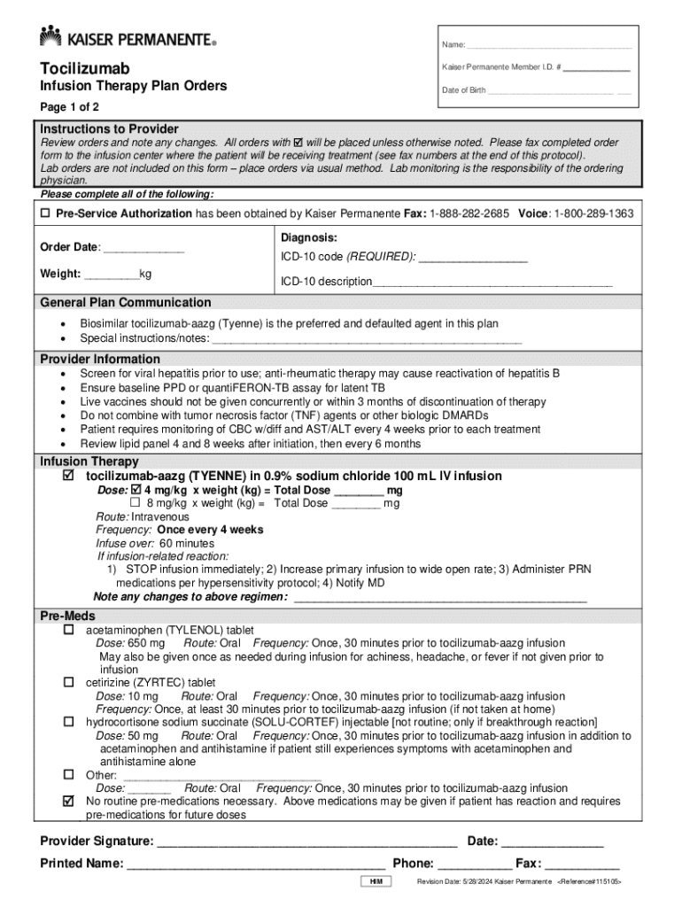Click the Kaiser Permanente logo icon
click(x=50, y=36)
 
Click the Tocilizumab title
click(x=84, y=68)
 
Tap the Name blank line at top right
click(x=548, y=45)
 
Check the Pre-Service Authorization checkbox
click(x=44, y=213)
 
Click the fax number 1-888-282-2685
click(x=470, y=213)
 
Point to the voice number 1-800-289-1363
click(x=593, y=213)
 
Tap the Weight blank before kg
click(x=112, y=274)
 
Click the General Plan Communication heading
click(x=126, y=303)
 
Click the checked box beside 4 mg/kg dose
click(x=136, y=490)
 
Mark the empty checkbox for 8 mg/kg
click(x=136, y=503)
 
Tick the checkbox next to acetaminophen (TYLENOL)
click(x=68, y=630)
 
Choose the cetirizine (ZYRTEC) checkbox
click(x=68, y=683)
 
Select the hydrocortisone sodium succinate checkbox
click(x=68, y=722)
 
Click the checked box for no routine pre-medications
click(x=68, y=801)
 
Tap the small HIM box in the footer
click(x=376, y=882)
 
